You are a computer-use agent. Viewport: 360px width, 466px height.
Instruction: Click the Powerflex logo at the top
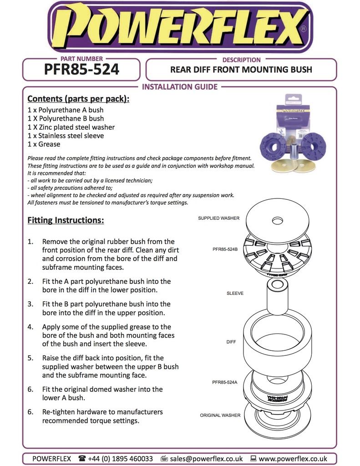[x=180, y=27]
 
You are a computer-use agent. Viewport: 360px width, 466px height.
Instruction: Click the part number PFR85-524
[x=81, y=70]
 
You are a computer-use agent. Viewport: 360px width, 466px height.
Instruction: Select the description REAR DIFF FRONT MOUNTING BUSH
[x=241, y=70]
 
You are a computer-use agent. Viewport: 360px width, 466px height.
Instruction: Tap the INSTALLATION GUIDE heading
[x=180, y=86]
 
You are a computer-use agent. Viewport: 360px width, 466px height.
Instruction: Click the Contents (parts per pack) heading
[x=78, y=99]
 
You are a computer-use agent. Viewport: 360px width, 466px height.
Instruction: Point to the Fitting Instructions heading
[x=66, y=220]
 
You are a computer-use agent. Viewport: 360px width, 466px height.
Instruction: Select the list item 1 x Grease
[x=44, y=144]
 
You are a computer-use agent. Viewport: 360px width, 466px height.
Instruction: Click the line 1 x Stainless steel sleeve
[x=66, y=136]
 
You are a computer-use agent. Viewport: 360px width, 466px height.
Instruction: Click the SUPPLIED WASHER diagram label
[x=218, y=218]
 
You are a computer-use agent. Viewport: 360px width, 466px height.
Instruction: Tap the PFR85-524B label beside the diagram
[x=225, y=249]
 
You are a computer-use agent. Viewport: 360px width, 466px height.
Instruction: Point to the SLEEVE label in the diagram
[x=235, y=294]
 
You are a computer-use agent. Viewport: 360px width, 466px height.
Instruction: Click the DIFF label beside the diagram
[x=231, y=342]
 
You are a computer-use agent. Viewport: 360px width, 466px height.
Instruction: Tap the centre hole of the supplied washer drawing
[x=278, y=221]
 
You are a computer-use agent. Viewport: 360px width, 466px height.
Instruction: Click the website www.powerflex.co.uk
[x=292, y=458]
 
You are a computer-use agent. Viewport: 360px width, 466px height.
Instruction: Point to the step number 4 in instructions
[x=30, y=327]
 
